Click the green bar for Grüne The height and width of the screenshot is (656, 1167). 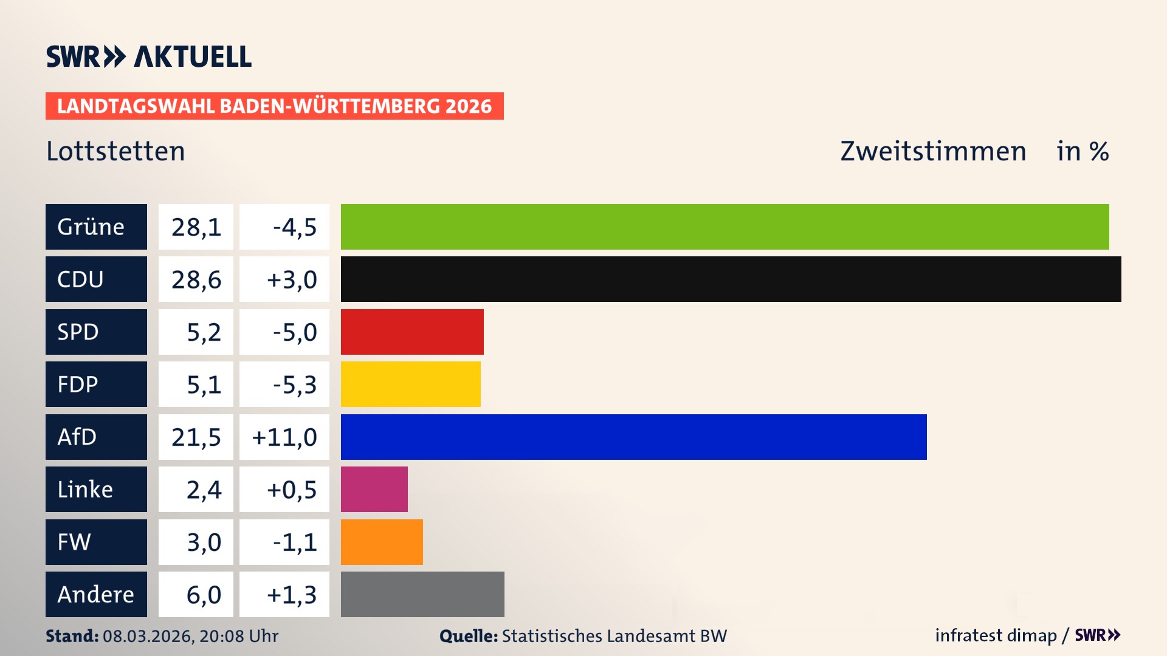click(725, 227)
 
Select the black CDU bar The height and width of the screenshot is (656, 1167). click(731, 279)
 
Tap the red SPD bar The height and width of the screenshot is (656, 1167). click(412, 332)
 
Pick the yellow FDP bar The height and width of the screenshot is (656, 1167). click(410, 384)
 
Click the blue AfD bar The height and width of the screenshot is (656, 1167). click(633, 437)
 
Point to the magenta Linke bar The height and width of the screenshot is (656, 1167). click(374, 489)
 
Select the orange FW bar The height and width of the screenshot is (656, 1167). click(382, 542)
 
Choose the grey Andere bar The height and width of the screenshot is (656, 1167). click(422, 594)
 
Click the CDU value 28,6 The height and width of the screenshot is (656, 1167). click(196, 279)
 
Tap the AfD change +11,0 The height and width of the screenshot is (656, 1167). click(284, 437)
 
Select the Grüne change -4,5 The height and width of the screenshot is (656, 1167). click(294, 227)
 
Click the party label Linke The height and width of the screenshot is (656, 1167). click(85, 489)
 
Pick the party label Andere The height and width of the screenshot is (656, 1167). click(95, 594)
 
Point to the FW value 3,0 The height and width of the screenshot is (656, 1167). click(204, 542)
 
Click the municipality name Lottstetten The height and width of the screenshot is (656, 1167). click(115, 151)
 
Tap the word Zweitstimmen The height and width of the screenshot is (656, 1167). click(933, 151)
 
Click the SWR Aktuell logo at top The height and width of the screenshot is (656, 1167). click(149, 56)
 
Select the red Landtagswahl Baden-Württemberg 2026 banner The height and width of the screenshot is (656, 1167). click(274, 106)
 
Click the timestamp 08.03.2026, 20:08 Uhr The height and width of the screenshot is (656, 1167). click(190, 636)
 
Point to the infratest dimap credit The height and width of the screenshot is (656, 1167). click(996, 635)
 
